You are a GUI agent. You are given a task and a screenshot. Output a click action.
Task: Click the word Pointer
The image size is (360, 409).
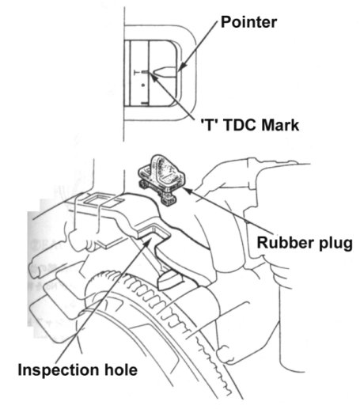pos(248,22)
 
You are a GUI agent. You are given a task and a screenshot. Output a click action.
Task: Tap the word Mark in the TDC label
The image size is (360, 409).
pos(280,125)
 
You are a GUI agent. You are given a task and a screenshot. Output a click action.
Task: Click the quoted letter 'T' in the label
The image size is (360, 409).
pos(209,125)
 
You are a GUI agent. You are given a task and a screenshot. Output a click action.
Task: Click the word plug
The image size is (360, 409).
pos(335,243)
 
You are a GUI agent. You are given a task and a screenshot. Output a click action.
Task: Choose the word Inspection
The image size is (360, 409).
pos(59,371)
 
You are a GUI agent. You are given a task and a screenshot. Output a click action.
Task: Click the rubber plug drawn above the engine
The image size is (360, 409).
pos(161,177)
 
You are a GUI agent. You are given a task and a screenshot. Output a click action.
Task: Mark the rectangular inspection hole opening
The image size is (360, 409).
pos(153,232)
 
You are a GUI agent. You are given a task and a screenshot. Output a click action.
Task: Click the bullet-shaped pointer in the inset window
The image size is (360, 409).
pos(165,72)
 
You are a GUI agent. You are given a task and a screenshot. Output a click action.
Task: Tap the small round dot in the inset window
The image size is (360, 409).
pos(143,85)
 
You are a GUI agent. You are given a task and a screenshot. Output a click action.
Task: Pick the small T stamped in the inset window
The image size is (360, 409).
pos(137,72)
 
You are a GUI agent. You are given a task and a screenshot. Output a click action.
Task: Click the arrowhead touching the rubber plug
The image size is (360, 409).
pos(187,191)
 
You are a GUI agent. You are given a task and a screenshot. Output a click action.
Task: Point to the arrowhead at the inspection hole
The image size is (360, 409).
pos(148,240)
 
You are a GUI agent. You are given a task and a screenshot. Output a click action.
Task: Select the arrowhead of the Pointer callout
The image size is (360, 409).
pos(181,68)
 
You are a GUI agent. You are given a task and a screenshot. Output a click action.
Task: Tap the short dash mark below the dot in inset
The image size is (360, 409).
pos(145,103)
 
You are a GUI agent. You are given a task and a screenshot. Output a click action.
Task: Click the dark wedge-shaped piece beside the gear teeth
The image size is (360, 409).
pos(170,281)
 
